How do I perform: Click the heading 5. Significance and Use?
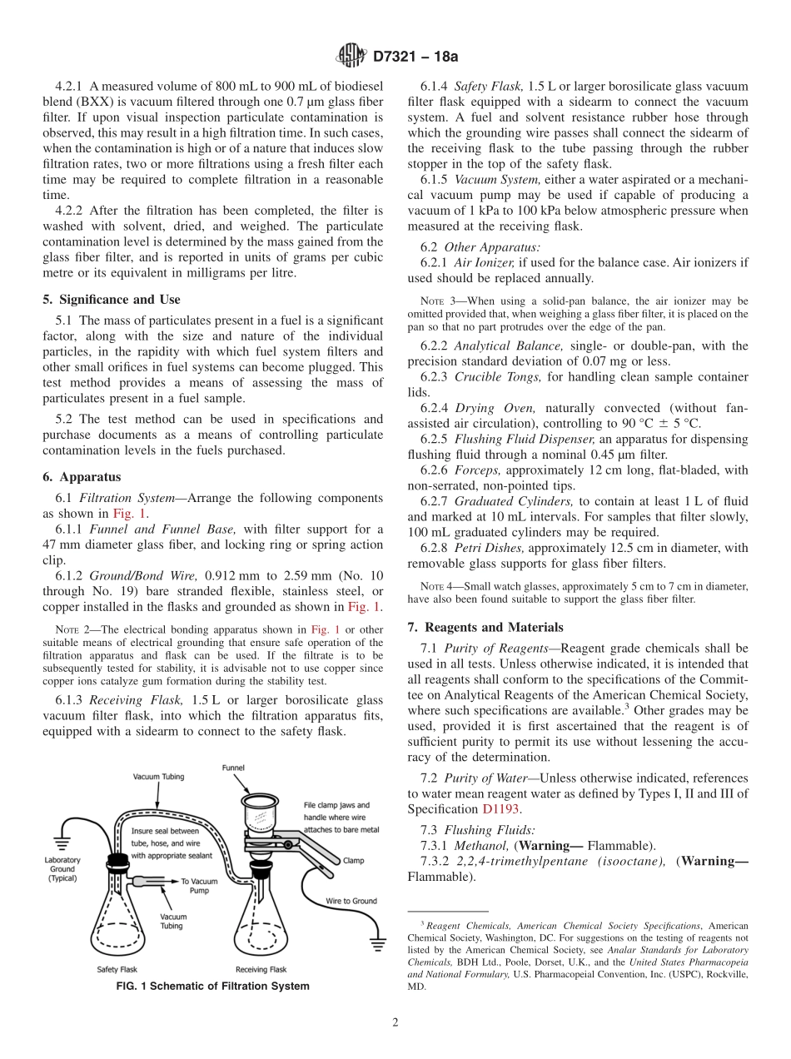(x=112, y=300)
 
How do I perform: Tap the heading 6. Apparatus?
(x=82, y=477)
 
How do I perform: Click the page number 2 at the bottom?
(x=395, y=1022)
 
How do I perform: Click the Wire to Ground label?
(x=351, y=901)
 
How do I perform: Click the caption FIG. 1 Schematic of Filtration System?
(x=213, y=987)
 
